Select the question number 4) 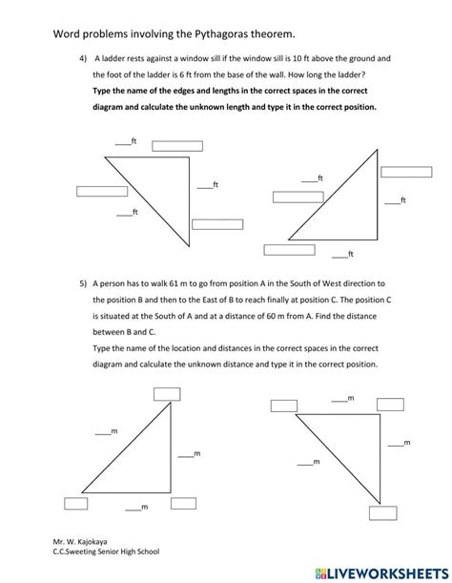pos(83,59)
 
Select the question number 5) pos(83,283)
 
